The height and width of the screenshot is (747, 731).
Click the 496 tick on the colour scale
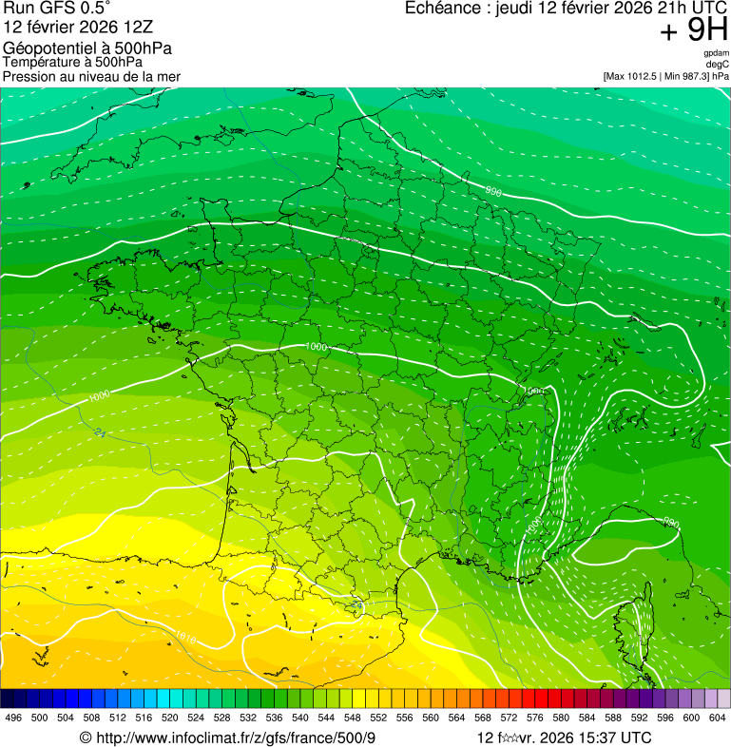[x=13, y=718]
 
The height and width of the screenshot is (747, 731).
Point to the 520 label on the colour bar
[x=170, y=718]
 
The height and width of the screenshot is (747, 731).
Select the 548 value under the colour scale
[x=352, y=718]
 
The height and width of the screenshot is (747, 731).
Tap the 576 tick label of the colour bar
[x=534, y=718]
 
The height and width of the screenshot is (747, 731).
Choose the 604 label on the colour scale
[x=717, y=718]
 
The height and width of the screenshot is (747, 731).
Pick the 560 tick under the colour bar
[x=431, y=718]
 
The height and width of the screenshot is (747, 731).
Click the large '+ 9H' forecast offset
[x=694, y=31]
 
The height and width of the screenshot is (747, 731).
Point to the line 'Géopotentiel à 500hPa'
[x=87, y=48]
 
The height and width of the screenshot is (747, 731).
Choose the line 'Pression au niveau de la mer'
[x=91, y=76]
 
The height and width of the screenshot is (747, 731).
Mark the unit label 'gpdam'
[x=717, y=53]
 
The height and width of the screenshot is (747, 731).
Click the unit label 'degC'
[x=718, y=64]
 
